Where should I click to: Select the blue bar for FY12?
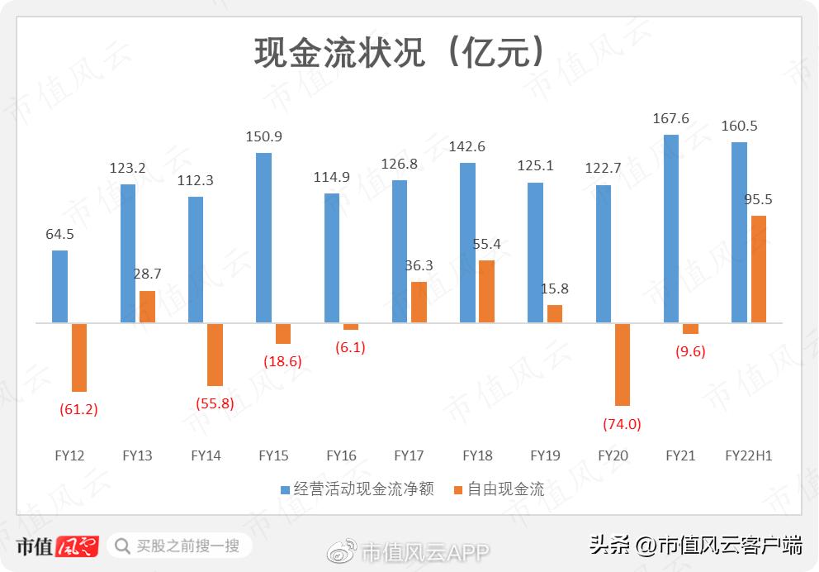point(59,286)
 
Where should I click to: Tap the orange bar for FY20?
point(623,364)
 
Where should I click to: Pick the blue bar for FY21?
point(671,228)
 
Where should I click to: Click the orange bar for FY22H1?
point(759,269)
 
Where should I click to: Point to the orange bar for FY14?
point(215,354)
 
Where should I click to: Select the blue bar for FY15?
point(264,237)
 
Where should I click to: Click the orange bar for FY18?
point(487,291)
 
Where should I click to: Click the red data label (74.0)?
point(623,424)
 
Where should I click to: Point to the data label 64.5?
point(59,234)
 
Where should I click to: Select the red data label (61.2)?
point(79,409)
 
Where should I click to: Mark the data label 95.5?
point(760,199)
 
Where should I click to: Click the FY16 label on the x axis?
point(341,455)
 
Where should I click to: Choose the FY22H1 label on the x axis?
point(748,455)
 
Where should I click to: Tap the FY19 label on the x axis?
point(545,455)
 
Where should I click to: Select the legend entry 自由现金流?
point(499,489)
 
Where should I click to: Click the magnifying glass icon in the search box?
point(122,546)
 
